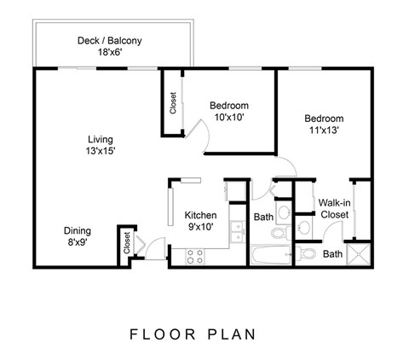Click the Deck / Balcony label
click(x=109, y=40)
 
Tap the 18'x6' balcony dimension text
click(x=109, y=52)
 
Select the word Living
click(x=100, y=139)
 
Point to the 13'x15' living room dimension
click(x=100, y=151)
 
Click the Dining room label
click(x=78, y=230)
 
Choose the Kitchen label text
click(x=201, y=215)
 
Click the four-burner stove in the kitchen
click(x=194, y=254)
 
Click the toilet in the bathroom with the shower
click(x=307, y=253)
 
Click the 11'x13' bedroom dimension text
click(x=323, y=131)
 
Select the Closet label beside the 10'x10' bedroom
click(x=173, y=103)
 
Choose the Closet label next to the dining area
click(x=126, y=244)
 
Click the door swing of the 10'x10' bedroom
click(x=196, y=135)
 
